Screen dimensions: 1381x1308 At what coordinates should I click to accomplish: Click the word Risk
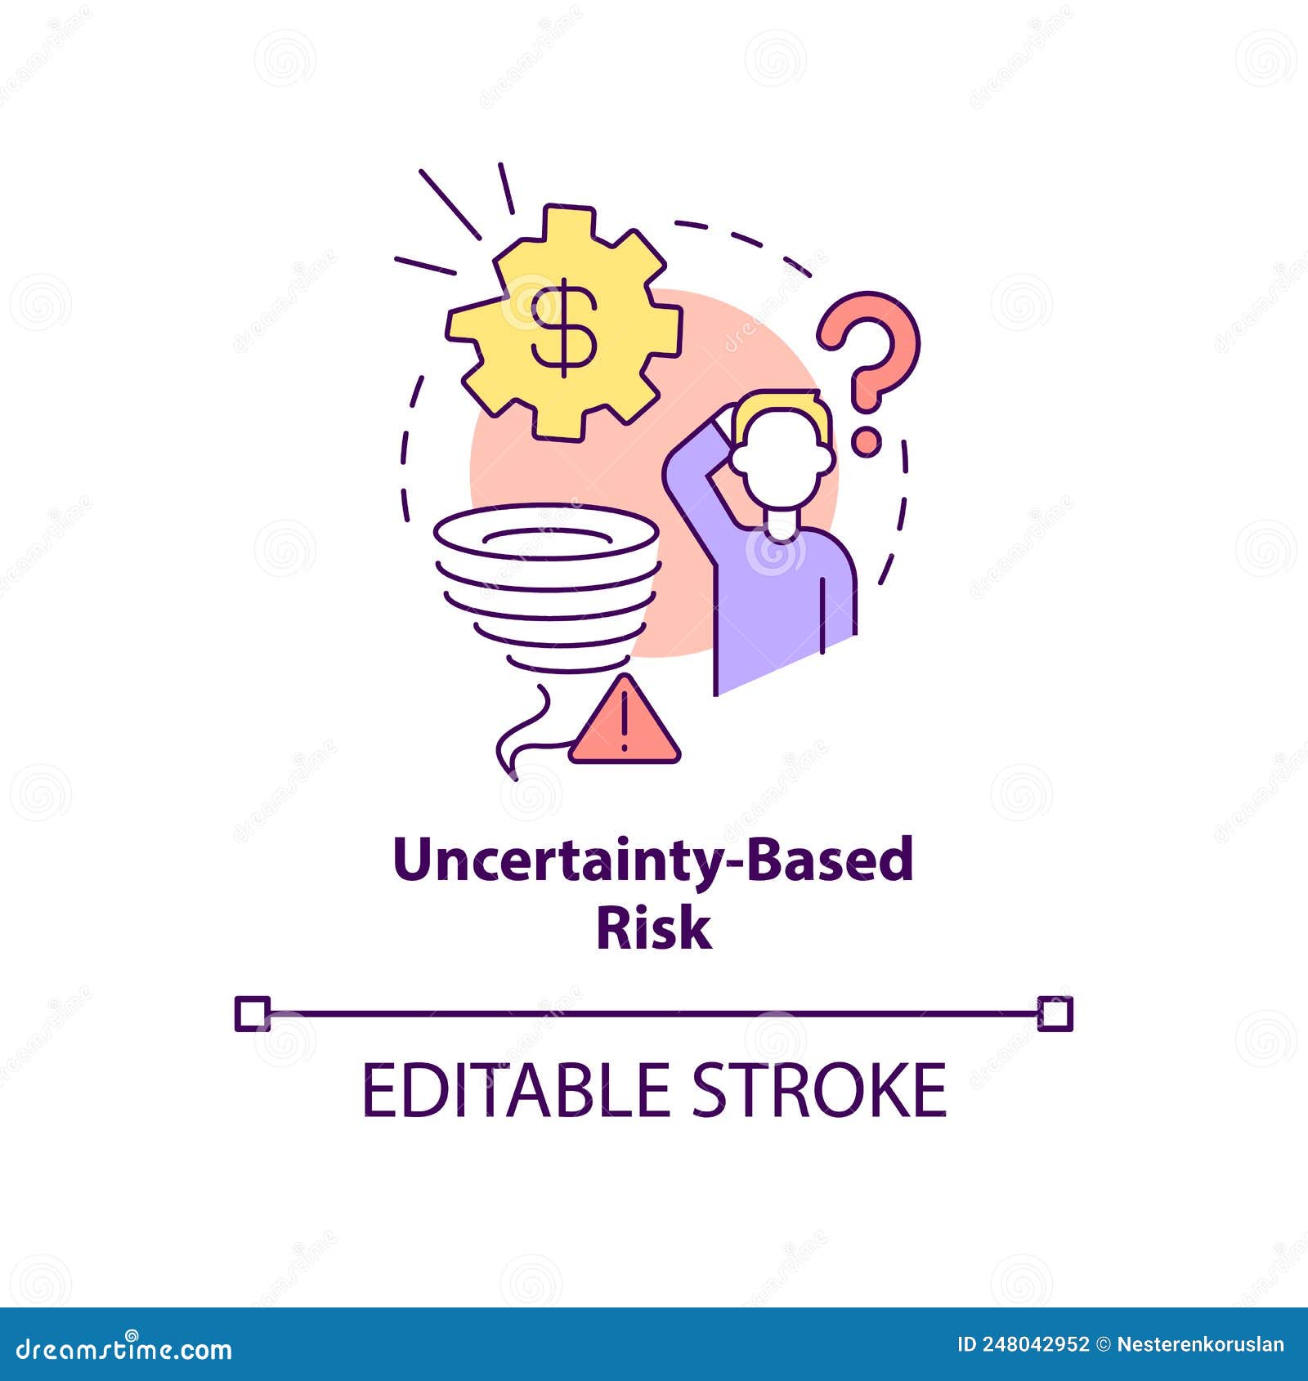(x=653, y=928)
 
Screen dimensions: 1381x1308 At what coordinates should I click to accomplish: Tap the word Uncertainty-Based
(x=653, y=861)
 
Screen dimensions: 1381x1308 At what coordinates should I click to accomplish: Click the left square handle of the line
(x=252, y=1014)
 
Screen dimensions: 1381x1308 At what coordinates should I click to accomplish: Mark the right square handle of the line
(x=1055, y=1014)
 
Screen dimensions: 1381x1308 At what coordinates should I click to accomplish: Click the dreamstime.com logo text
(x=124, y=1348)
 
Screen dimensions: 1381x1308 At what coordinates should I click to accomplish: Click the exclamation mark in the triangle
(x=624, y=720)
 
